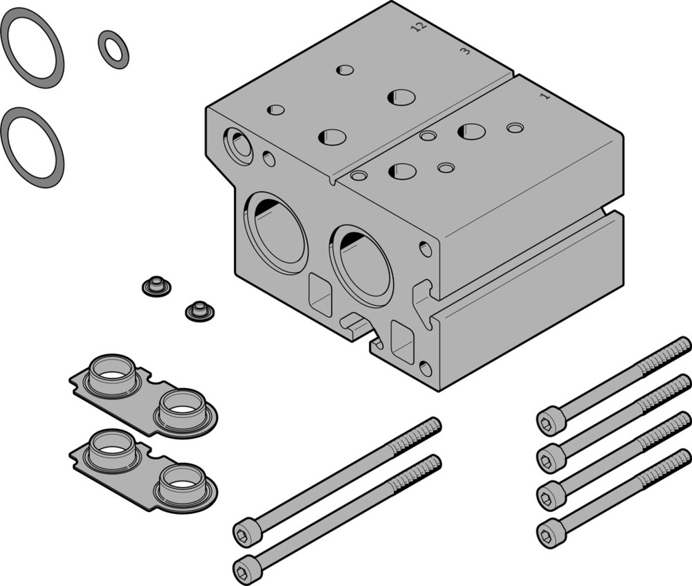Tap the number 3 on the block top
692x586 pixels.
tap(466, 51)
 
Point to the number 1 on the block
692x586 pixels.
tap(545, 96)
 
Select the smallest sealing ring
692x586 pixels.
tap(113, 50)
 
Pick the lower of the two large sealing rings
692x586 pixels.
tap(32, 147)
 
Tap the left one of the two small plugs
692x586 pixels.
tap(156, 285)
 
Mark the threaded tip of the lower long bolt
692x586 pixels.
tap(428, 465)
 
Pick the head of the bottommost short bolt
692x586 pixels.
tap(551, 532)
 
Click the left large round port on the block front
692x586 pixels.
tap(275, 232)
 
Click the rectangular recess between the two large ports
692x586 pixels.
tap(320, 293)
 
